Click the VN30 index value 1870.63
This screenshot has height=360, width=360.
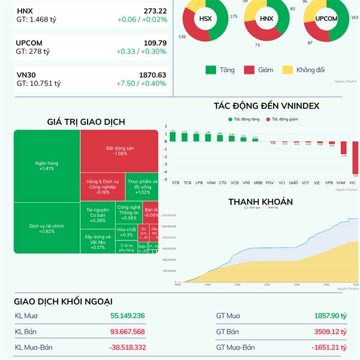coord(153,75)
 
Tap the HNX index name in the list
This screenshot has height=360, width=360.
coord(25,11)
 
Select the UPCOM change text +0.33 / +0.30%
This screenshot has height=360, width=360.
coord(141,52)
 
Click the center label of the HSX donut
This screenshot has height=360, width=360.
coord(205,19)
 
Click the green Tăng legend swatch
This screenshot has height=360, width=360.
coord(211,70)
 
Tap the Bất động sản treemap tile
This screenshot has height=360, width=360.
coord(120,150)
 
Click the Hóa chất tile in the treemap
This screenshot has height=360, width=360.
coord(126,232)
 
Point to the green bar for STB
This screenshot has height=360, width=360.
coord(173,137)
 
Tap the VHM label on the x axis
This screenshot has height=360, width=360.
coord(341,182)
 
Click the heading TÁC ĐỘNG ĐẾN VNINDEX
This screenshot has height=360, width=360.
coord(266,106)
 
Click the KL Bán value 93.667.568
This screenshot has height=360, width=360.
coord(127,332)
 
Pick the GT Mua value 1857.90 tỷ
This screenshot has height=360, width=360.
coord(330,316)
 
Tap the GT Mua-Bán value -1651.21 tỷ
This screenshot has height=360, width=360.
coord(329,347)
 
